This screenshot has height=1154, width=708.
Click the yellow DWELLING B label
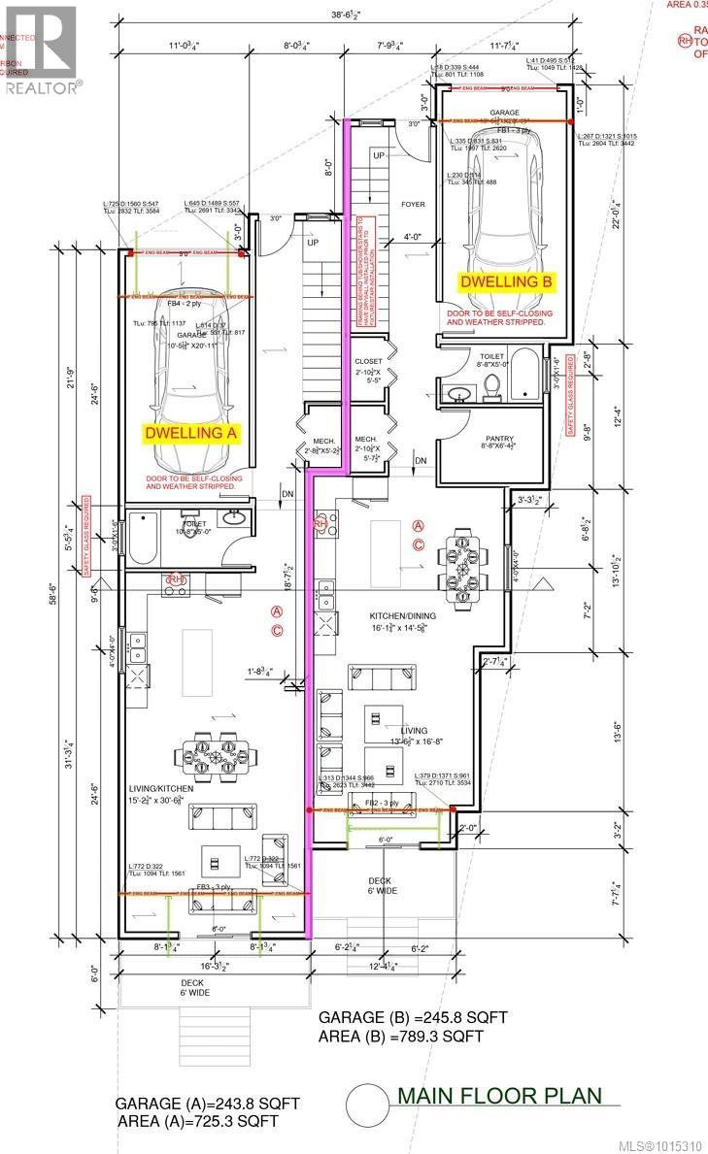(x=506, y=281)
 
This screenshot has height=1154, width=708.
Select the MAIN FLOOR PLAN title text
(x=499, y=1096)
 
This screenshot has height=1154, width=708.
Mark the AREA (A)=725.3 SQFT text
(x=198, y=1121)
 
